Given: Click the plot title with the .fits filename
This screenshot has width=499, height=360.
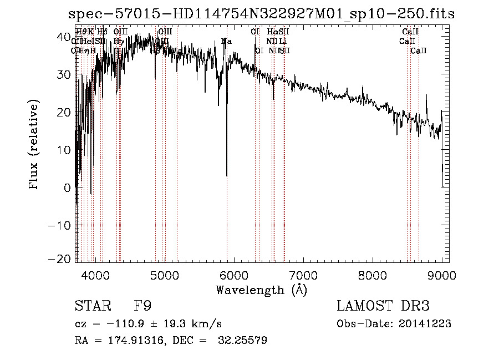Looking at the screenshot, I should (x=261, y=14).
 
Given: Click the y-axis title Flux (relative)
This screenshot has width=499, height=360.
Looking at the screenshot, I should (x=34, y=145).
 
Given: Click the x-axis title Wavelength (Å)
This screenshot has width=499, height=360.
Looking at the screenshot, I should (x=261, y=290).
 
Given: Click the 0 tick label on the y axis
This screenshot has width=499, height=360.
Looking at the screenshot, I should (x=67, y=187).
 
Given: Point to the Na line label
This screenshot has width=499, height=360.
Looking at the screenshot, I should (x=226, y=41).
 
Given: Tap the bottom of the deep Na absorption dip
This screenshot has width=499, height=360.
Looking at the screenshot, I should (x=227, y=176).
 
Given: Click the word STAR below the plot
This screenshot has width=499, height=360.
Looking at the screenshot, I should (x=91, y=307).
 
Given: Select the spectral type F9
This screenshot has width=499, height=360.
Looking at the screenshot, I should (x=142, y=307).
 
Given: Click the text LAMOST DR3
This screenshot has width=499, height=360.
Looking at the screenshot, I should (x=383, y=306).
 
